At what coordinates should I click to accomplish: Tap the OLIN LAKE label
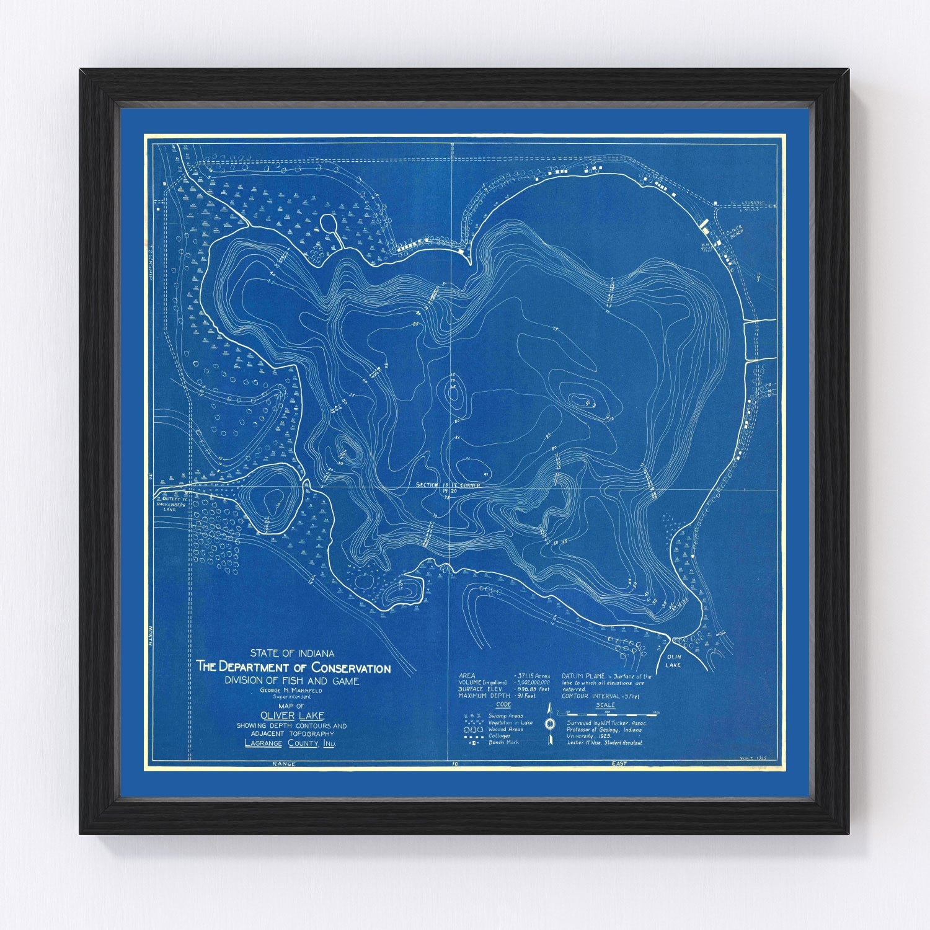(x=673, y=660)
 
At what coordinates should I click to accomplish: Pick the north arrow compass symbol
(x=549, y=724)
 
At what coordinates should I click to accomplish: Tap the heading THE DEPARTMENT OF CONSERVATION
(x=293, y=668)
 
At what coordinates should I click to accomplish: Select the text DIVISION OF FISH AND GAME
(x=293, y=681)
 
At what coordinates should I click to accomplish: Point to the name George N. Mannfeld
(x=293, y=690)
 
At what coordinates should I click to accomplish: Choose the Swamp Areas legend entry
(x=493, y=715)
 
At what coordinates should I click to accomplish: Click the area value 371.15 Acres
(x=532, y=676)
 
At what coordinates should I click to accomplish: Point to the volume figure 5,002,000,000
(x=532, y=683)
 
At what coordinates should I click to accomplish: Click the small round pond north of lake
(x=327, y=224)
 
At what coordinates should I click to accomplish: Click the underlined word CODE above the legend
(x=504, y=705)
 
